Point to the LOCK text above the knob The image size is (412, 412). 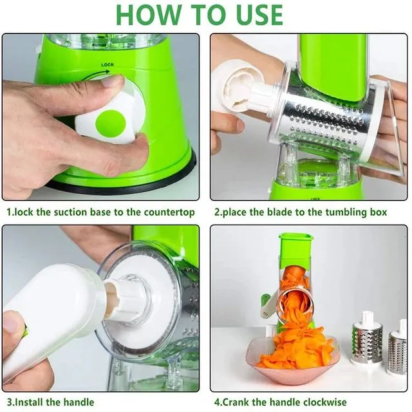click(108, 65)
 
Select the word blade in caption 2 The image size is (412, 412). click(276, 212)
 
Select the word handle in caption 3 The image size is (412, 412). click(77, 402)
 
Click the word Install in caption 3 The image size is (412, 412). click(28, 402)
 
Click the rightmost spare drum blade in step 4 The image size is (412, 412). click(397, 351)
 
